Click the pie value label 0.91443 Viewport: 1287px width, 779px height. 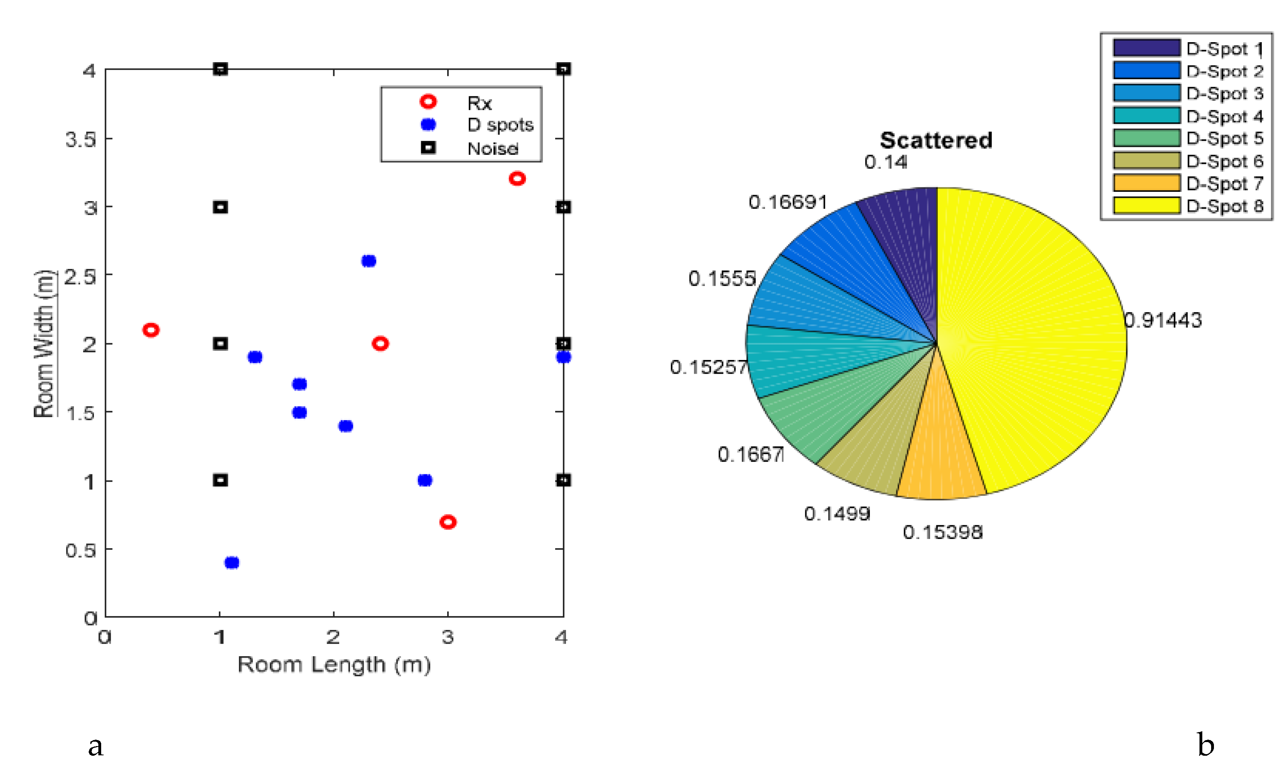(1163, 320)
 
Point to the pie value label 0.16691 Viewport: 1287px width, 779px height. (788, 202)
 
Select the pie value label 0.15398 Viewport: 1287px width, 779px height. (942, 532)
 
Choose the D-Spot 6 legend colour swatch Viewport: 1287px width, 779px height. (1146, 160)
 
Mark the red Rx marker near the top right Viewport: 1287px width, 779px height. (517, 179)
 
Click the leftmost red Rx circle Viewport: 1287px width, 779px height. (151, 330)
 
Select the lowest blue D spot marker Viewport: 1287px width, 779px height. (231, 562)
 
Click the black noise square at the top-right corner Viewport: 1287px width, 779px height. (562, 69)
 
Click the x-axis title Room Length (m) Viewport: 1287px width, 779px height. (334, 665)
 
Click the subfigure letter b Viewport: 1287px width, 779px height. (1205, 745)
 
